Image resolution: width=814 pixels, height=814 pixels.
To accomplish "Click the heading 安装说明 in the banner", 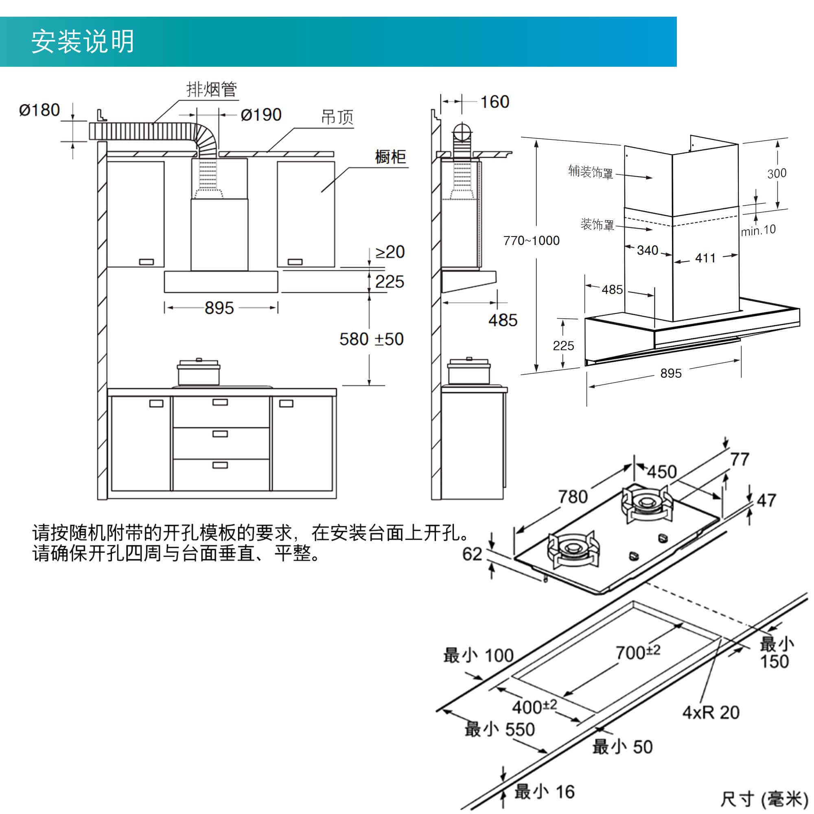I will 83,42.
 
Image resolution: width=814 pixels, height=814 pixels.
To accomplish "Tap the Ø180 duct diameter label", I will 39,110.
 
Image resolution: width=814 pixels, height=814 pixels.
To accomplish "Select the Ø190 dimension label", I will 261,115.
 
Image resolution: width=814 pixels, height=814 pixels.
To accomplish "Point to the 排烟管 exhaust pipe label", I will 212,89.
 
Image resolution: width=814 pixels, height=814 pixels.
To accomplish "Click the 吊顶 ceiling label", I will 337,117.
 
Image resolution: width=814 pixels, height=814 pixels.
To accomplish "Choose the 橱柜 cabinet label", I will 390,157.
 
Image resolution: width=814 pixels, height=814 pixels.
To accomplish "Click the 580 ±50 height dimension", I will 371,339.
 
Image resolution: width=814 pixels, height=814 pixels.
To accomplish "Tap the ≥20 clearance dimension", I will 390,252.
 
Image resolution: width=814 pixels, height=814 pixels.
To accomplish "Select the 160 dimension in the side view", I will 495,102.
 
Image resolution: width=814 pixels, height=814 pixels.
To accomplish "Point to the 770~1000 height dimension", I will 531,241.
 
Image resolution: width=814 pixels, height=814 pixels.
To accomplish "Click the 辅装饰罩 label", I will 590,172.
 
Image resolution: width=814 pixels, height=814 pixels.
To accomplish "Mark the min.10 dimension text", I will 758,230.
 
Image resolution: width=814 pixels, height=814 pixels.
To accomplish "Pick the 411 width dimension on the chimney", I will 705,258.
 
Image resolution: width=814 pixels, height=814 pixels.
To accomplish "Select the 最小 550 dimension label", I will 499,729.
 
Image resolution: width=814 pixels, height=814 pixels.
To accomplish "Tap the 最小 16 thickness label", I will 544,792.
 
